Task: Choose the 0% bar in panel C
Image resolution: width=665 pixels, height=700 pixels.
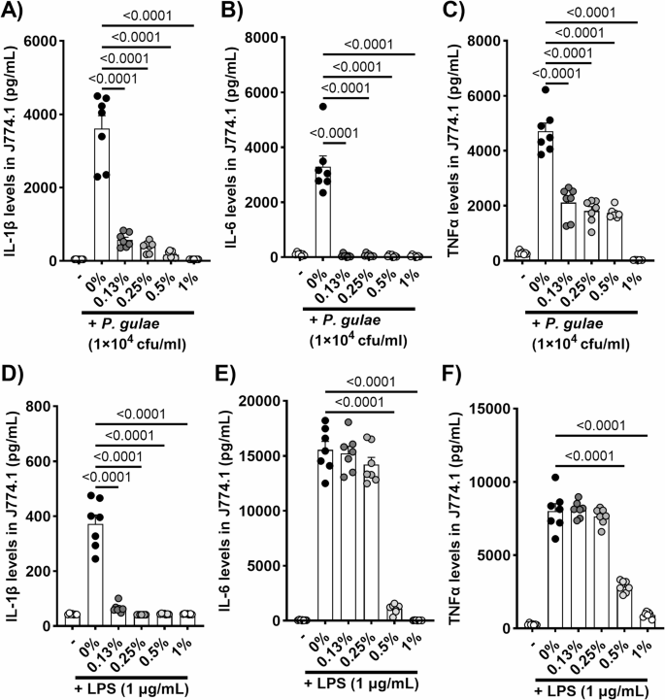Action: pos(550,195)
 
